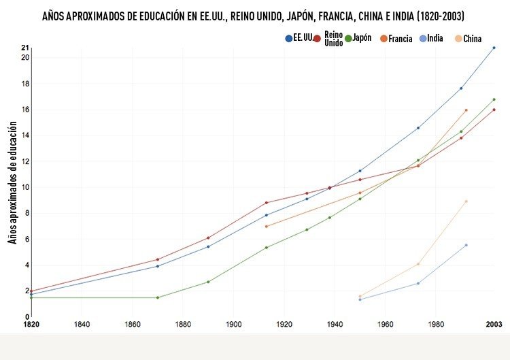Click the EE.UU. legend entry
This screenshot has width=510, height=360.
[x=299, y=38]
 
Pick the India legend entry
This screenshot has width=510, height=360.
[x=432, y=39]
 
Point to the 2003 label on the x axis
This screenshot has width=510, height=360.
[x=494, y=324]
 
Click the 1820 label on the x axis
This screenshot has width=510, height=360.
[x=31, y=324]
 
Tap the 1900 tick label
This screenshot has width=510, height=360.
[x=233, y=324]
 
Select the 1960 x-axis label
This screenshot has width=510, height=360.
[x=385, y=324]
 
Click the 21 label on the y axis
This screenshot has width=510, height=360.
[x=25, y=48]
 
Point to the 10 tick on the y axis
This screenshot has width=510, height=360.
[x=25, y=187]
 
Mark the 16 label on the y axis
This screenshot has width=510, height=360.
[x=25, y=110]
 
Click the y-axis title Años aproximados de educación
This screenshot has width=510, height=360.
[x=12, y=183]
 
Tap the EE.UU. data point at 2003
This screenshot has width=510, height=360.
[x=494, y=48]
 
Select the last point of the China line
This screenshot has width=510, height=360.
[x=466, y=201]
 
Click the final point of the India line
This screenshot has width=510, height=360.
[x=466, y=245]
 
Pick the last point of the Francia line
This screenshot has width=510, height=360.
[x=466, y=110]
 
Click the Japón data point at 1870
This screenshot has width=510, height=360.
[x=157, y=297]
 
